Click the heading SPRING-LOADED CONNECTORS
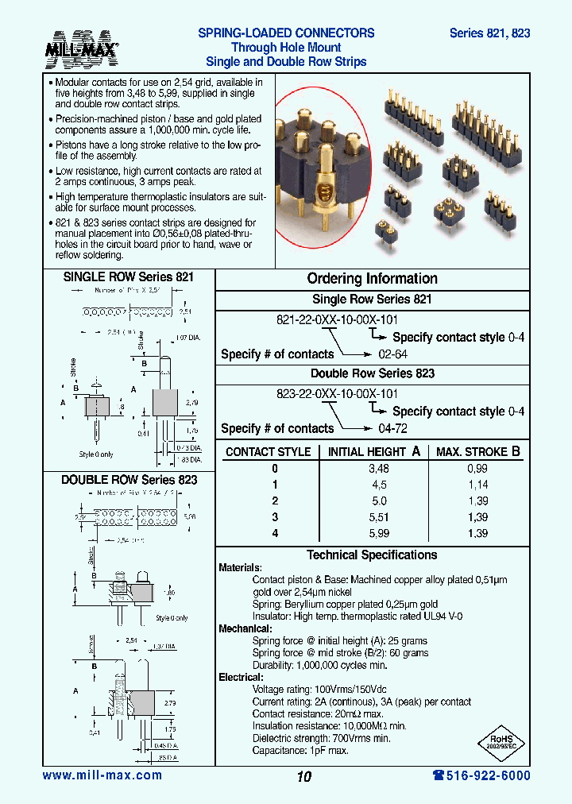click(x=286, y=33)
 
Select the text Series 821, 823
click(x=489, y=33)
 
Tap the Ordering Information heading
click(x=372, y=279)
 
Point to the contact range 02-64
click(x=392, y=354)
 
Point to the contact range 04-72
click(x=392, y=428)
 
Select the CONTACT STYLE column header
click(x=268, y=452)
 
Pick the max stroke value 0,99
click(x=477, y=469)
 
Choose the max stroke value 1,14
click(x=477, y=485)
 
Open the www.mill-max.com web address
click(x=102, y=775)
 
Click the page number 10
click(x=303, y=777)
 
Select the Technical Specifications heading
click(x=372, y=555)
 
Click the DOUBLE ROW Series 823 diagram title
click(x=129, y=480)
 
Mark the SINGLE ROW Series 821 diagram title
click(x=129, y=277)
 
